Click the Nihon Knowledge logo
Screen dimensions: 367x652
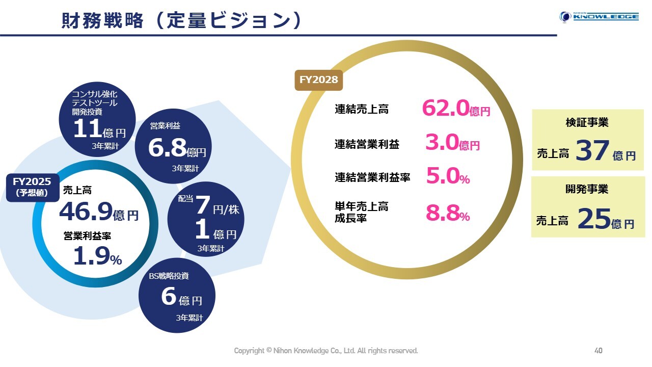pyautogui.click(x=599, y=17)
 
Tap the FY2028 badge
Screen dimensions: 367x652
pyautogui.click(x=319, y=80)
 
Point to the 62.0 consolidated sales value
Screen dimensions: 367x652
pyautogui.click(x=445, y=109)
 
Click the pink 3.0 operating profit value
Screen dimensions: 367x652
pyautogui.click(x=442, y=144)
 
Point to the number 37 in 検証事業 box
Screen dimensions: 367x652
pyautogui.click(x=592, y=151)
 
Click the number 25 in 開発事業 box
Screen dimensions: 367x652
pyautogui.click(x=594, y=220)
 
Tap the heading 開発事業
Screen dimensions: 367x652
pyautogui.click(x=587, y=189)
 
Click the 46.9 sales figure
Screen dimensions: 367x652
pyautogui.click(x=86, y=212)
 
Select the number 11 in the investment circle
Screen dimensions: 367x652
pyautogui.click(x=87, y=129)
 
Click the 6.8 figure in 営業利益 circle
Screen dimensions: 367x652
pyautogui.click(x=167, y=148)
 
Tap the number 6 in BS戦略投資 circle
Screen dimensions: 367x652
pyautogui.click(x=169, y=297)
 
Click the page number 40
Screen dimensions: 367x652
pyautogui.click(x=599, y=351)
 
